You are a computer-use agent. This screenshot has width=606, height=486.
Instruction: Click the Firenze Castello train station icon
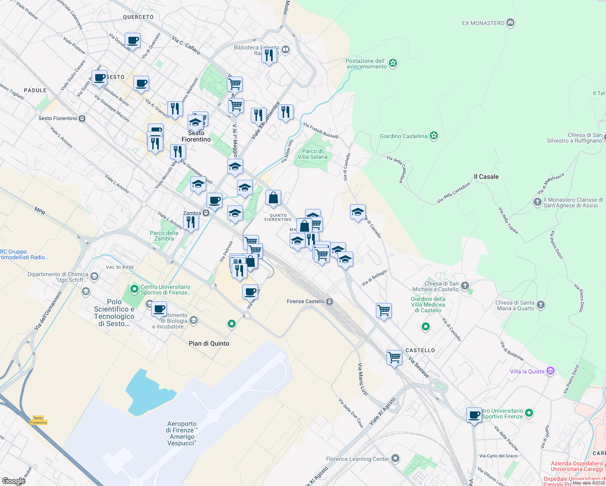(x=330, y=302)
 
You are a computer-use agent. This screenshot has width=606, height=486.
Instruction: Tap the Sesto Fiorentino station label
(x=58, y=118)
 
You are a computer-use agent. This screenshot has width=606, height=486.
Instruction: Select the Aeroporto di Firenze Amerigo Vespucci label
(x=182, y=433)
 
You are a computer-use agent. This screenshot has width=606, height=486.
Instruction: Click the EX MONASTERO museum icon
(x=510, y=23)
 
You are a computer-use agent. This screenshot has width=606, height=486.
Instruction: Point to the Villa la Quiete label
(x=527, y=371)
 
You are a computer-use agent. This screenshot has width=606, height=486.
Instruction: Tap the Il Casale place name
(x=486, y=177)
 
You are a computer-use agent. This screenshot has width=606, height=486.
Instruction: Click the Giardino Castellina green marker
(x=434, y=136)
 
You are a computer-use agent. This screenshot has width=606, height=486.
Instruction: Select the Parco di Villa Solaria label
(x=312, y=154)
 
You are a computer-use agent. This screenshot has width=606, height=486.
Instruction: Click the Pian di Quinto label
(x=209, y=343)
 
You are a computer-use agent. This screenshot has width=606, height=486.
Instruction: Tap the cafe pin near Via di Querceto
(x=132, y=40)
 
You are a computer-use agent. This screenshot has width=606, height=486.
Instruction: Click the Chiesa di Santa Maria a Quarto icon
(x=540, y=305)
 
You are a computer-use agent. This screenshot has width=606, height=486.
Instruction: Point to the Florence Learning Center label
(x=357, y=459)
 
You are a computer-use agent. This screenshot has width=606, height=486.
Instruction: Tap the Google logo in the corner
(x=13, y=481)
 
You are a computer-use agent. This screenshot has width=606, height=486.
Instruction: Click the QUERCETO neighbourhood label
(x=138, y=17)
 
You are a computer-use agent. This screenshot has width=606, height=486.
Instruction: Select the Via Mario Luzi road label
(x=363, y=379)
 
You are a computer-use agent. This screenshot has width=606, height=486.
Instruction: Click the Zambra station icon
(x=206, y=213)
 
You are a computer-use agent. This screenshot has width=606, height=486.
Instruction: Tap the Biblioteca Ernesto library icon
(x=286, y=50)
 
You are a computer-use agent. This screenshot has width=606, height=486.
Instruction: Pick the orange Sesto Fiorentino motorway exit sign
(x=38, y=420)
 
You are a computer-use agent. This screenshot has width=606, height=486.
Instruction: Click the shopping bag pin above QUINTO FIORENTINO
(x=273, y=198)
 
